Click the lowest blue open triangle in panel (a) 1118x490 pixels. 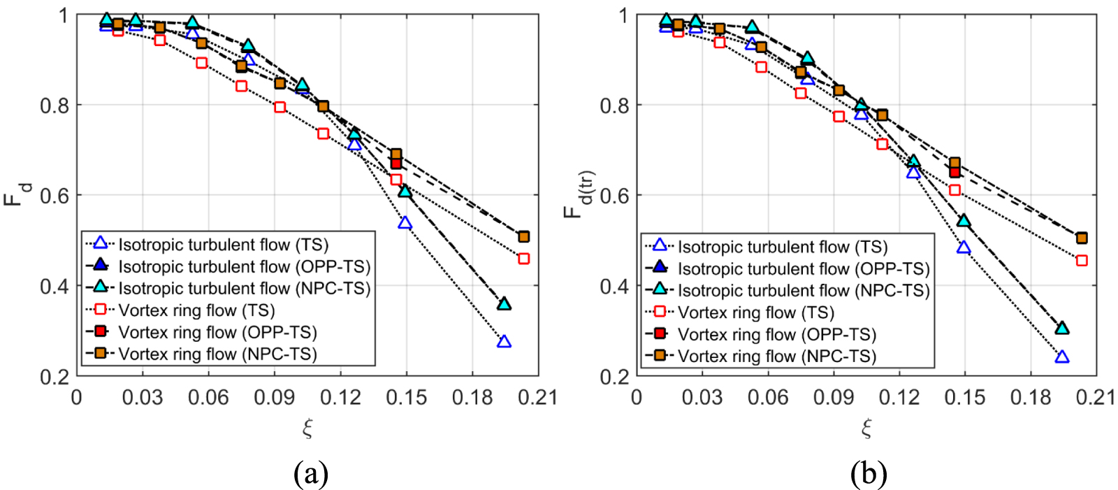pyautogui.click(x=504, y=342)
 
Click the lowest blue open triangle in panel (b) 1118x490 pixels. pyautogui.click(x=1062, y=357)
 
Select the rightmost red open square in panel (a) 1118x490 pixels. pyautogui.click(x=524, y=259)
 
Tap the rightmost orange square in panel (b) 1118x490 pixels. pyautogui.click(x=1082, y=238)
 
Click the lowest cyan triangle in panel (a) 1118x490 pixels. pyautogui.click(x=504, y=304)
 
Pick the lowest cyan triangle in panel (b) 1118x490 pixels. pyautogui.click(x=1062, y=328)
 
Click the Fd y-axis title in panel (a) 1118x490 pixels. pyautogui.click(x=17, y=194)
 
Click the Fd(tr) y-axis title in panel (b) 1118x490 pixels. pyautogui.click(x=577, y=194)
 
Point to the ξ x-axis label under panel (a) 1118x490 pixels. pyautogui.click(x=307, y=428)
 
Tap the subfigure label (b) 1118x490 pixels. pyautogui.click(x=869, y=474)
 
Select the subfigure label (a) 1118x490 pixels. pyautogui.click(x=311, y=474)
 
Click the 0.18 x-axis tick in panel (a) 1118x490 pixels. pyautogui.click(x=472, y=398)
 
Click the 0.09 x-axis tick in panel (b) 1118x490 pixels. pyautogui.click(x=834, y=398)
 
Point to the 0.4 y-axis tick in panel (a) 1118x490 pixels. pyautogui.click(x=55, y=286)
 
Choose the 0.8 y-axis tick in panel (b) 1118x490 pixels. pyautogui.click(x=615, y=106)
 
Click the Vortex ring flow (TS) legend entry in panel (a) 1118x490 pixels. pyautogui.click(x=196, y=310)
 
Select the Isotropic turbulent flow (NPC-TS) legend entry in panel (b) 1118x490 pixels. pyautogui.click(x=804, y=291)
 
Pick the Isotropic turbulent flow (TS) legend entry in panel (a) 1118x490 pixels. pyautogui.click(x=223, y=245)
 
